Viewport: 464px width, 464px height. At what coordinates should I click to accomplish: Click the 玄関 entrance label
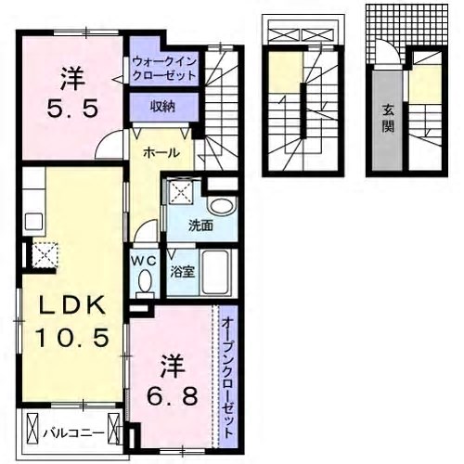(388, 118)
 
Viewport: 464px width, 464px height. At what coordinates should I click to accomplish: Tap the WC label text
(143, 262)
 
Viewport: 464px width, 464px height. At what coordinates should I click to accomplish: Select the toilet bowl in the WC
(145, 282)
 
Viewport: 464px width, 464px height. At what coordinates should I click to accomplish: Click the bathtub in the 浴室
(215, 272)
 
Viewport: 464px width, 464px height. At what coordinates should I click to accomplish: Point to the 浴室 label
(183, 272)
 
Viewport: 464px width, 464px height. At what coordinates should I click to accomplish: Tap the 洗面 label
(200, 226)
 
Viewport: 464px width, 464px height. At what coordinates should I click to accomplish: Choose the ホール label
(161, 153)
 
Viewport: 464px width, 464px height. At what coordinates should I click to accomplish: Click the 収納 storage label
(163, 107)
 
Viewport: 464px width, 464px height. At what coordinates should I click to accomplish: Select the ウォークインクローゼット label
(164, 69)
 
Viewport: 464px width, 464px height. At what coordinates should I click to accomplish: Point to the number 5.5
(72, 109)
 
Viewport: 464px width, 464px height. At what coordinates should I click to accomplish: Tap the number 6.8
(173, 396)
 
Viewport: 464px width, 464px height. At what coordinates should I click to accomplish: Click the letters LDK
(71, 305)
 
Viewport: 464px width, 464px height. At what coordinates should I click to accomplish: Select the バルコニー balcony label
(73, 433)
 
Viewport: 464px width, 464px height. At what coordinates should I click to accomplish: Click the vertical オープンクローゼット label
(227, 377)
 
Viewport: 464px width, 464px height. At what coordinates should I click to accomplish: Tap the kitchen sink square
(33, 222)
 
